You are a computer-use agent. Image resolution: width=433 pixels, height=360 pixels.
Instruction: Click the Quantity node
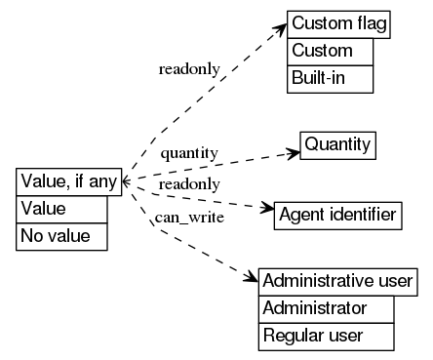337,145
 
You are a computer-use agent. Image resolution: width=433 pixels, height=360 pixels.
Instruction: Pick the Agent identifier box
337,214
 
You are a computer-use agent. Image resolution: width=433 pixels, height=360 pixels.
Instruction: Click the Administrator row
327,309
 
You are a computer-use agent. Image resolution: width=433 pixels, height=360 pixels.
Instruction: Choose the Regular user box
327,337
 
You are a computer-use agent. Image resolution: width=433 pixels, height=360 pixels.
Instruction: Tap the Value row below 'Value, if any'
61,209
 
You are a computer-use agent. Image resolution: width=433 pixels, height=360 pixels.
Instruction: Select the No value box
61,236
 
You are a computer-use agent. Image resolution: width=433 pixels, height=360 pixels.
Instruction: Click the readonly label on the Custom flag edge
189,69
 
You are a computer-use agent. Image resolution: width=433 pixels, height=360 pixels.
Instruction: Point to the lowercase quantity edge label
189,154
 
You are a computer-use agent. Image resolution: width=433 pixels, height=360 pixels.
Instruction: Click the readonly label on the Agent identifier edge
189,184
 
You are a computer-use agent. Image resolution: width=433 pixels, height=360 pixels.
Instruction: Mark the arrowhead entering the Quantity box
292,152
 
